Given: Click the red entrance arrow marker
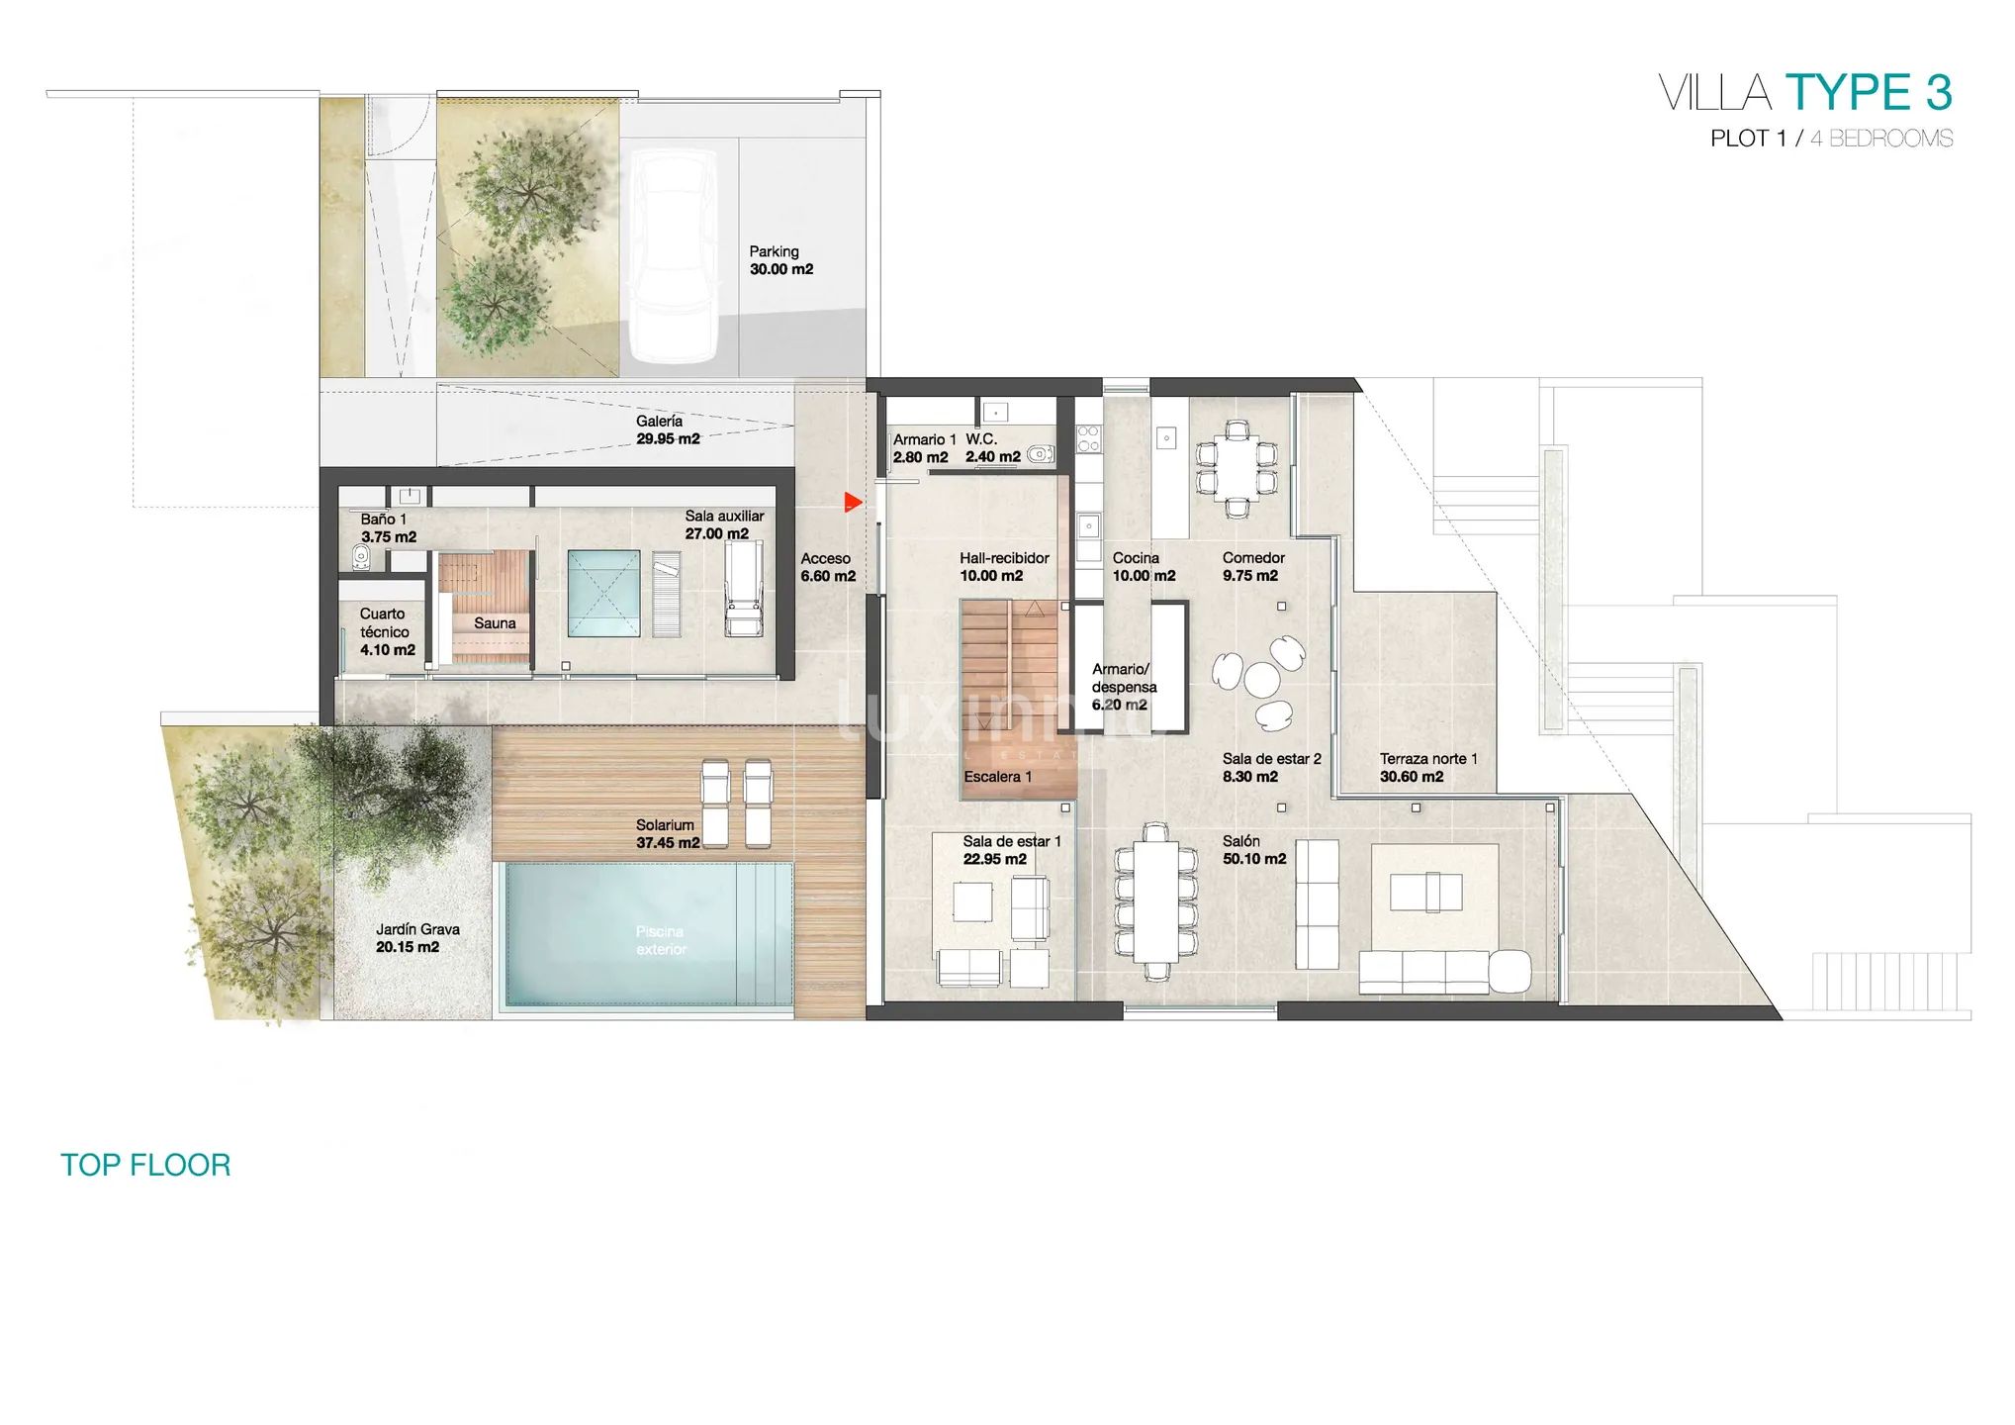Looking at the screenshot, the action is coord(853,503).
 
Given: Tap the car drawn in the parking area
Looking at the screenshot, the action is coord(674,255).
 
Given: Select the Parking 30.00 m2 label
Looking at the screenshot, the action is coord(780,260).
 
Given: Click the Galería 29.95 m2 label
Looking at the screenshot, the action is coord(668,430).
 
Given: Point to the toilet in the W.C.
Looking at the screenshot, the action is coord(1039,454).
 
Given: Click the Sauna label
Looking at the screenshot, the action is coord(495,623).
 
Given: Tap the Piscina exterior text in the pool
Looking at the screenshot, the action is coord(661,940).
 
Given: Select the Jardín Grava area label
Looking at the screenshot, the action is coord(417,938).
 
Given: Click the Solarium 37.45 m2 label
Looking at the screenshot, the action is coord(668,834).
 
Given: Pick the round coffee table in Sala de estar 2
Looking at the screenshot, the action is coord(1262,679).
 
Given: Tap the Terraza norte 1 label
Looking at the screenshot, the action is coord(1428,768).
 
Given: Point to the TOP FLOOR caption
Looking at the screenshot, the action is coord(145,1165).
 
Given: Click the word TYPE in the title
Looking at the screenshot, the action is coord(1848,93).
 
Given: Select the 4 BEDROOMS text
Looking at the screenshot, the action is coord(1881,139).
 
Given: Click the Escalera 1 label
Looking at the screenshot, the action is coord(998,777).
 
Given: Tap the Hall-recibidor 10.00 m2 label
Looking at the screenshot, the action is coord(1004,567).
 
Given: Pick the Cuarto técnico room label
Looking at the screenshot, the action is coord(387,632).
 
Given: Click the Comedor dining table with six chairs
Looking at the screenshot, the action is coord(1236,469).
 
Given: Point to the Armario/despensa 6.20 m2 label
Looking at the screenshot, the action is coord(1124,687).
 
